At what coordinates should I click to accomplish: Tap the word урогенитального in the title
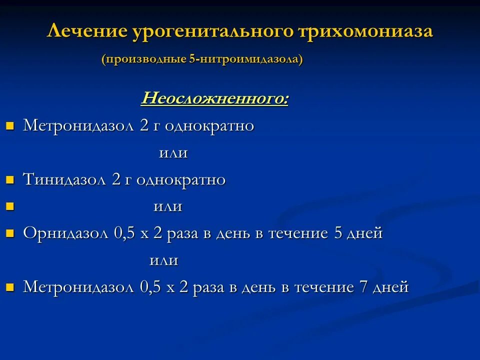click(x=212, y=32)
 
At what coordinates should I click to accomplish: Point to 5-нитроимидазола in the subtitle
click(x=245, y=59)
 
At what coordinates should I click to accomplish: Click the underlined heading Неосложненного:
click(x=215, y=98)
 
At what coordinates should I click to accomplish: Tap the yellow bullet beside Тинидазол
click(x=9, y=180)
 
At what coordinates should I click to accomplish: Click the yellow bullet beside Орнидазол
click(x=9, y=233)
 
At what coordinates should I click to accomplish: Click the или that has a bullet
click(x=167, y=206)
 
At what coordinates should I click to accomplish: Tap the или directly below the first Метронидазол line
click(x=173, y=153)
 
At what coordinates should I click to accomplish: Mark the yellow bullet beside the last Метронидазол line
click(x=9, y=287)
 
